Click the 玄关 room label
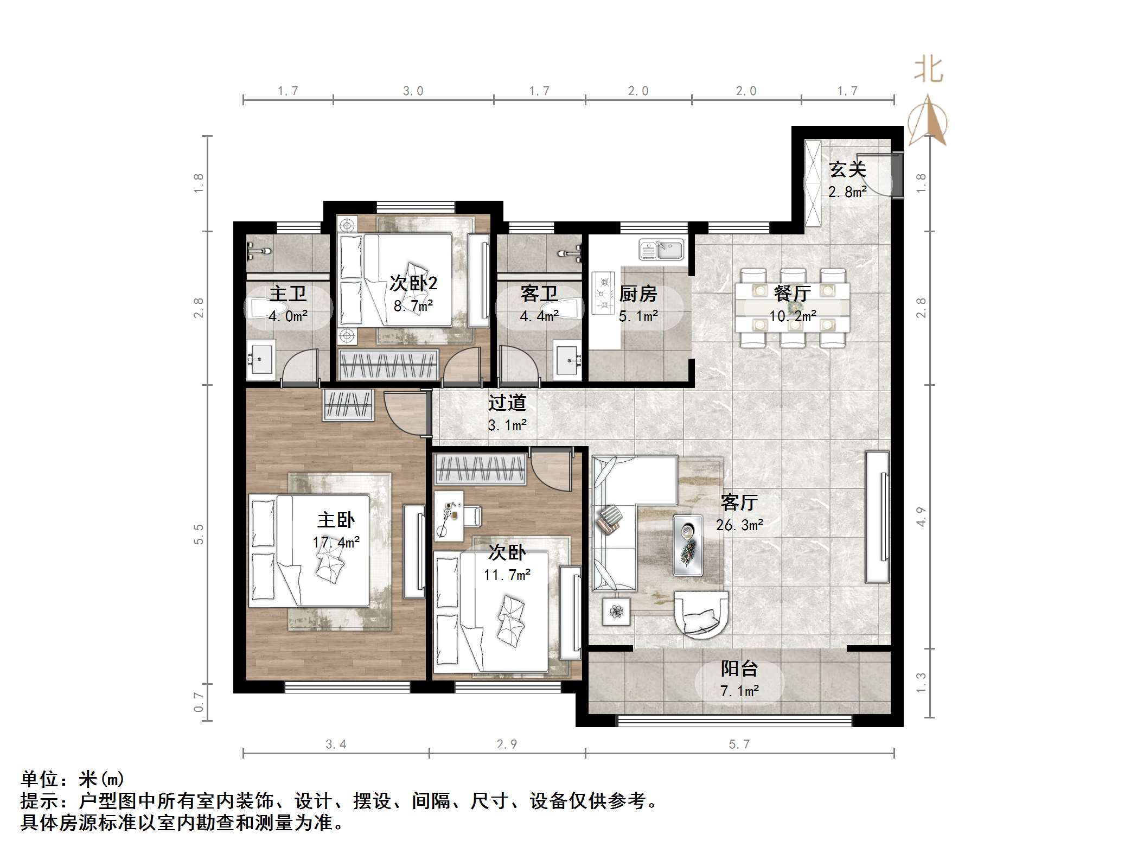847,170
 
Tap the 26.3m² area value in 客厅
739,525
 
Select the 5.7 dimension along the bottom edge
739,744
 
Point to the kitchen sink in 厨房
662,250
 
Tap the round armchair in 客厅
700,614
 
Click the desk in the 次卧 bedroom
449,515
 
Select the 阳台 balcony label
739,669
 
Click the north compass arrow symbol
928,122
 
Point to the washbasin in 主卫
261,359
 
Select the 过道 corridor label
507,403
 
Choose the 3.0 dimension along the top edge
413,91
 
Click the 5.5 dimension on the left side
199,534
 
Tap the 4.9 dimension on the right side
921,516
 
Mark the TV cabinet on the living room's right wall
877,517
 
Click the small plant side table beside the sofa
616,612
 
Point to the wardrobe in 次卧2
388,365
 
